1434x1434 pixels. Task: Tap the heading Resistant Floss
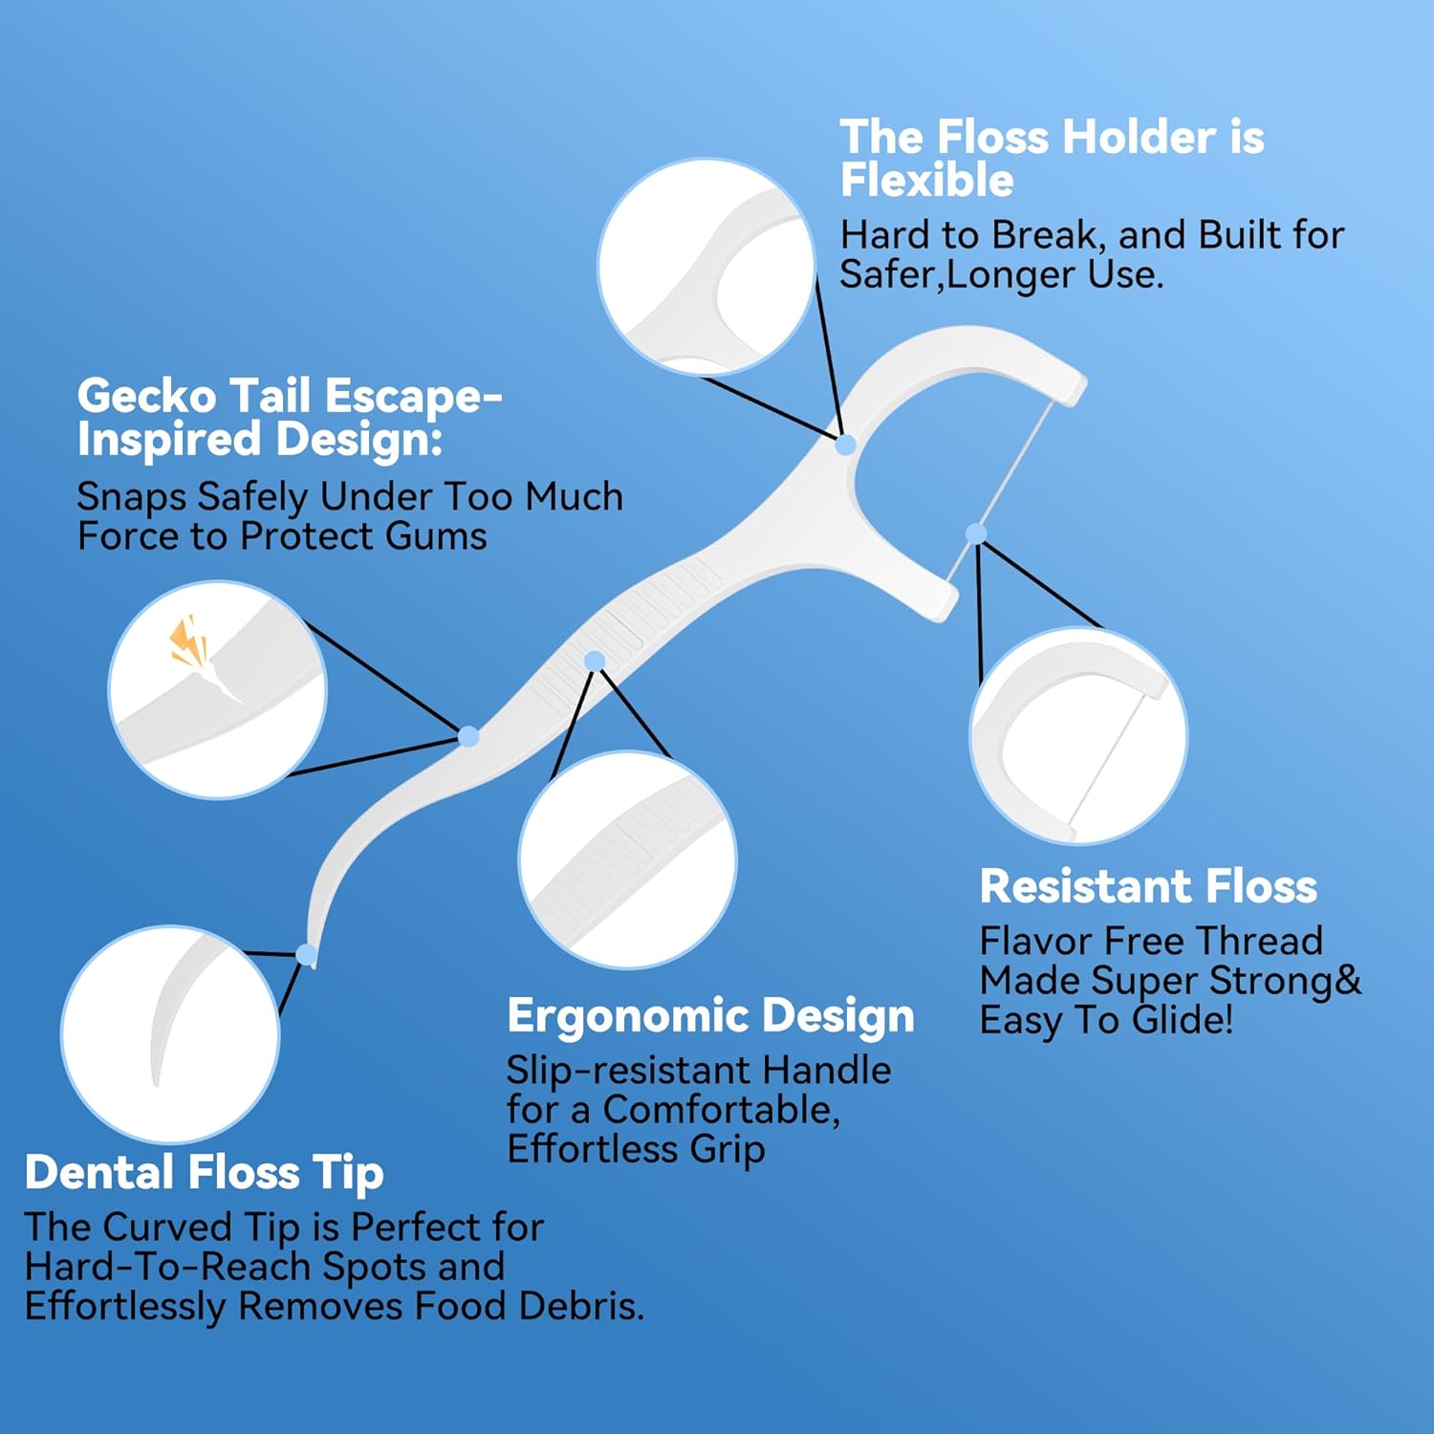[x=1148, y=886]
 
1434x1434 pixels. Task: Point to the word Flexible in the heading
[x=926, y=180]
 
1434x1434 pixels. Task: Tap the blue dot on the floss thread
[x=976, y=533]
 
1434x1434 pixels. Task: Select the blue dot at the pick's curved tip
[x=306, y=954]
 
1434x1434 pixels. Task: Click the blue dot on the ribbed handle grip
[x=595, y=661]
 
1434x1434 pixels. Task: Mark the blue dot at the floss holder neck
[x=845, y=445]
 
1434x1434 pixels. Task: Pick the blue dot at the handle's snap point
[x=468, y=736]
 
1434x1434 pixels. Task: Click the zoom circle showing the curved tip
[x=170, y=1033]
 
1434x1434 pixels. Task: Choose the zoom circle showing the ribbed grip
[x=627, y=859]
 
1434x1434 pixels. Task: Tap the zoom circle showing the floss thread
[x=1078, y=736]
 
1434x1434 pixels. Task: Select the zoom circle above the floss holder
[x=706, y=268]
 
